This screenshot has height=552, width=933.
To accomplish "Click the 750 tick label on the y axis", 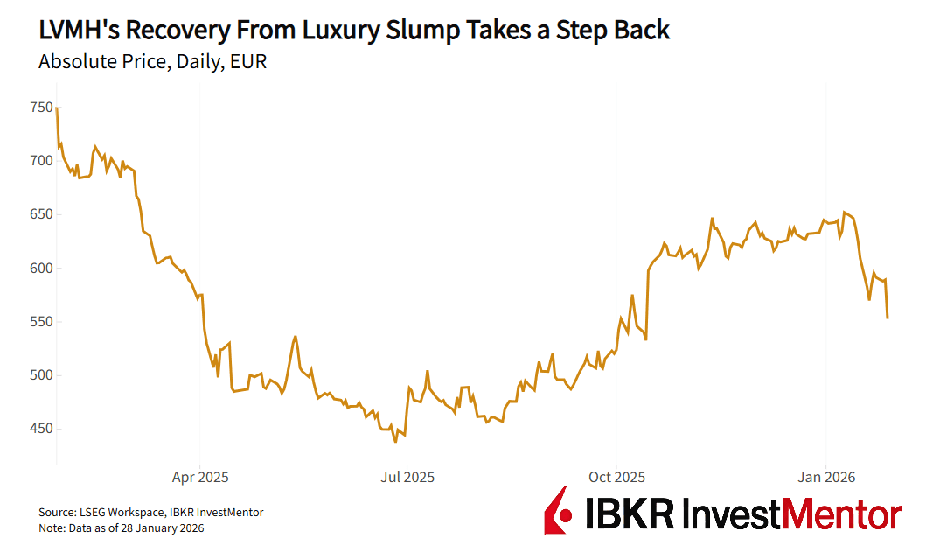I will [x=41, y=108].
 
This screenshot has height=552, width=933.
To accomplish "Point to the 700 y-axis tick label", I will [x=41, y=161].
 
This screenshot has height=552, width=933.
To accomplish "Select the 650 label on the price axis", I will [x=41, y=214].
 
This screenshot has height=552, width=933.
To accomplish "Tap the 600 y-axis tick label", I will [x=41, y=269].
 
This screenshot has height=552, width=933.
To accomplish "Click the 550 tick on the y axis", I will [x=41, y=322].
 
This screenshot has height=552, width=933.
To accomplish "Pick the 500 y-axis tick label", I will [x=41, y=375].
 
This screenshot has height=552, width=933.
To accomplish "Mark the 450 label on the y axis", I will [x=41, y=429].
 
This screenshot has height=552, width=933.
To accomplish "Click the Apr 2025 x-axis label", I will [x=199, y=478].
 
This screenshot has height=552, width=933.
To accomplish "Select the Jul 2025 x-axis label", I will [x=407, y=478].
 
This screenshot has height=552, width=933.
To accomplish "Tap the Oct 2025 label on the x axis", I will [x=616, y=478].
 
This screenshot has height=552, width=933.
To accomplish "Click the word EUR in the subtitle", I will [x=248, y=63].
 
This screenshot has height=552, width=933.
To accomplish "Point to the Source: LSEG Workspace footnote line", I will [x=150, y=513].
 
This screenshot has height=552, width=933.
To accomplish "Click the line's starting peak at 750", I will [x=57, y=108].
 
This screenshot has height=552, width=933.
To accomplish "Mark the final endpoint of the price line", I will [x=888, y=318].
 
